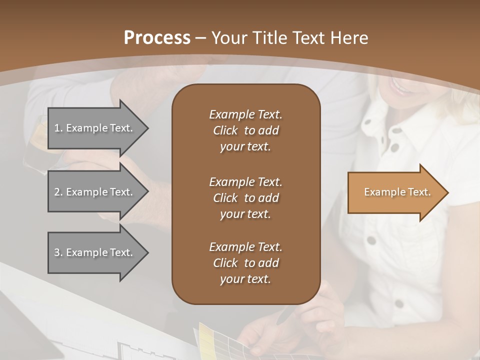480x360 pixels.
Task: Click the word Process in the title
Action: (x=157, y=37)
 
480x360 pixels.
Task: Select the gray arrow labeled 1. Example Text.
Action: (x=95, y=128)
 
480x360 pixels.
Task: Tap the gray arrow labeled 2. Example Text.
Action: (x=95, y=192)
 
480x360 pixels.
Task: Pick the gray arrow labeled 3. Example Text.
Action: (x=95, y=252)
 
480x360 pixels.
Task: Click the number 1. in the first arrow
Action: (x=58, y=128)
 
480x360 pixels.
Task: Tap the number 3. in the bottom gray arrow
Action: (x=58, y=252)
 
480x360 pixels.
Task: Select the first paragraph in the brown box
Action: (x=245, y=130)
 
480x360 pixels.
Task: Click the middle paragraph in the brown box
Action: (x=245, y=197)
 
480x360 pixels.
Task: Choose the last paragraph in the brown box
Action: (x=245, y=263)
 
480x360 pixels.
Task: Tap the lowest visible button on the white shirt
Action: (x=398, y=303)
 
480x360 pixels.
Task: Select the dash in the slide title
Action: (x=201, y=37)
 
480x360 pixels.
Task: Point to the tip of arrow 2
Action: (x=147, y=192)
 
